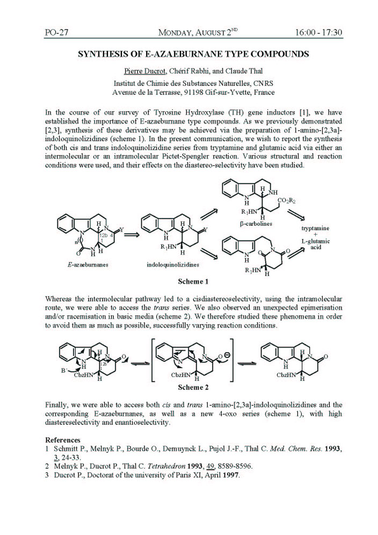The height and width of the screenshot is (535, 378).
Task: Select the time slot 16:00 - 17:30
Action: (x=318, y=33)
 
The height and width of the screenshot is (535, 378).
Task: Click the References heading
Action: (x=63, y=439)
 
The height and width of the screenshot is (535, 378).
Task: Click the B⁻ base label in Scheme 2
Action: (x=62, y=370)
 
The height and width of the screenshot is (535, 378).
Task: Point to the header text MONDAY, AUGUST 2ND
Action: (x=198, y=33)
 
